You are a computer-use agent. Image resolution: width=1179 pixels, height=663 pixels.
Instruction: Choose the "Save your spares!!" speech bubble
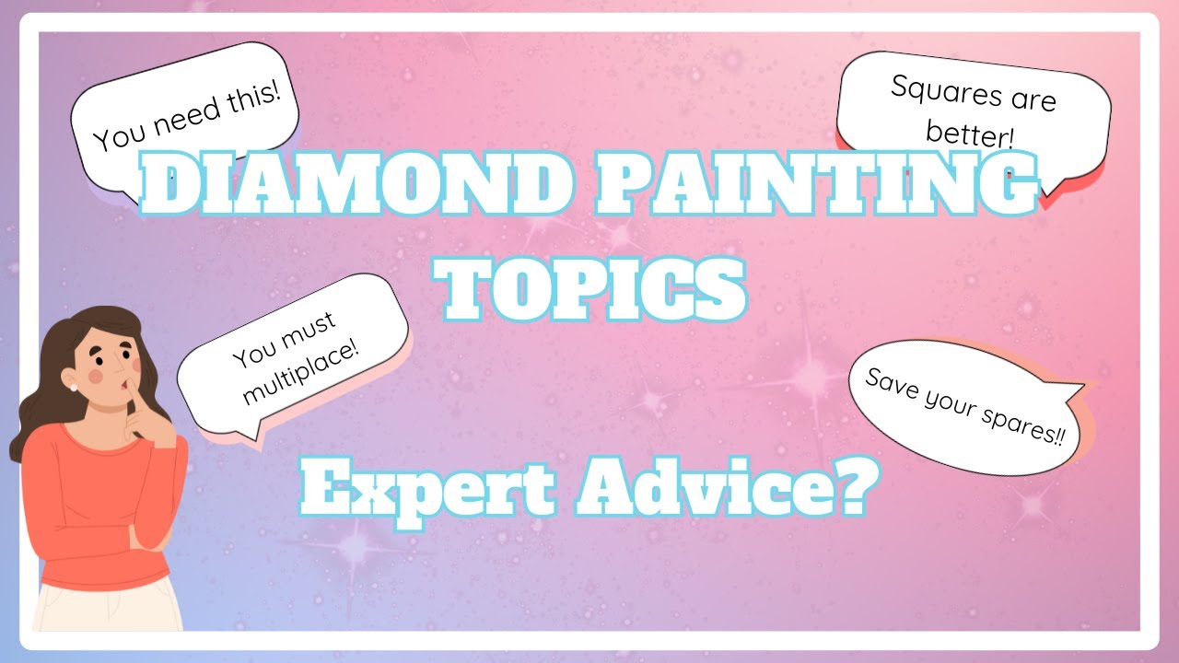[x=966, y=406]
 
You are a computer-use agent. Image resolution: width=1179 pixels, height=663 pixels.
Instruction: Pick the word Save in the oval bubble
[x=886, y=379]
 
